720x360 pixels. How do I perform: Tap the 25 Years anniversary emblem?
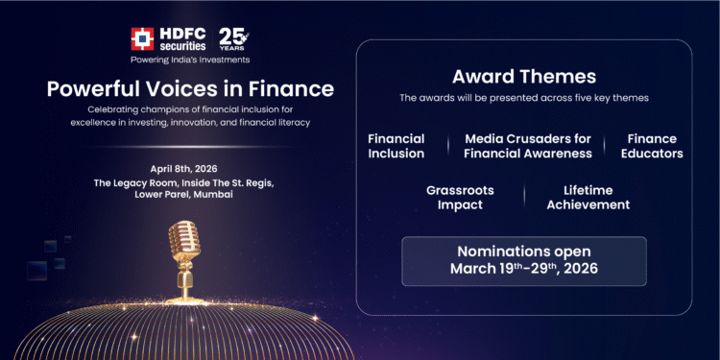click(232, 38)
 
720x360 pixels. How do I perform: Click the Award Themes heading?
click(523, 76)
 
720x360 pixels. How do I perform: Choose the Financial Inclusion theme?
click(396, 146)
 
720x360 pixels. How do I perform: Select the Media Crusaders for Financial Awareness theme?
click(528, 146)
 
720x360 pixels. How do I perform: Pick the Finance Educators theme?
click(653, 146)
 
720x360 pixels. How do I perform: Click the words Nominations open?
click(523, 252)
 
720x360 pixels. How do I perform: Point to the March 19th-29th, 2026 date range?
click(523, 269)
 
